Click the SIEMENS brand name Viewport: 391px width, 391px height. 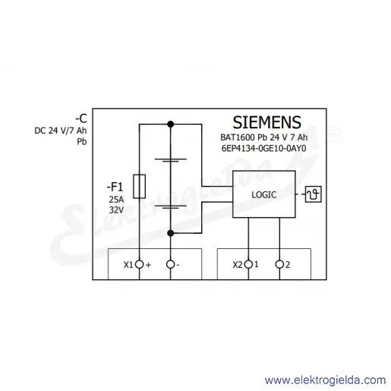coord(266,122)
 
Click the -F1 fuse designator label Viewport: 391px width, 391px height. coord(115,187)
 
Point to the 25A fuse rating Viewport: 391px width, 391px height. coord(116,200)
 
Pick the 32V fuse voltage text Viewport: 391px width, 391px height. coord(116,210)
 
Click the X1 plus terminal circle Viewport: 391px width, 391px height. coord(139,264)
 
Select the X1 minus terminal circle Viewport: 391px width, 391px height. coord(171,264)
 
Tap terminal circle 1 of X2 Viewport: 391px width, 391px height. coord(248,264)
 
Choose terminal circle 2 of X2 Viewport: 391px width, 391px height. coord(279,264)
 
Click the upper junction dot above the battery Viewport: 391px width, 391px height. coord(171,125)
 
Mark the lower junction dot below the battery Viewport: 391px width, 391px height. coord(171,233)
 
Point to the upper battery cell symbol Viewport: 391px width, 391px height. coord(171,160)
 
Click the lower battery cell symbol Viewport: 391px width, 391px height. coord(171,207)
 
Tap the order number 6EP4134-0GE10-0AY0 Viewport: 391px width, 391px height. coord(263,148)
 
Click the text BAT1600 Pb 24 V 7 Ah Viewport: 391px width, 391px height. coord(263,137)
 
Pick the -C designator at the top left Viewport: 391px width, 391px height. coord(81,118)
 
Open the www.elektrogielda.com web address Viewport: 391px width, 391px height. coord(325,380)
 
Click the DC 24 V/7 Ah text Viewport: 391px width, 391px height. coord(61,131)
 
